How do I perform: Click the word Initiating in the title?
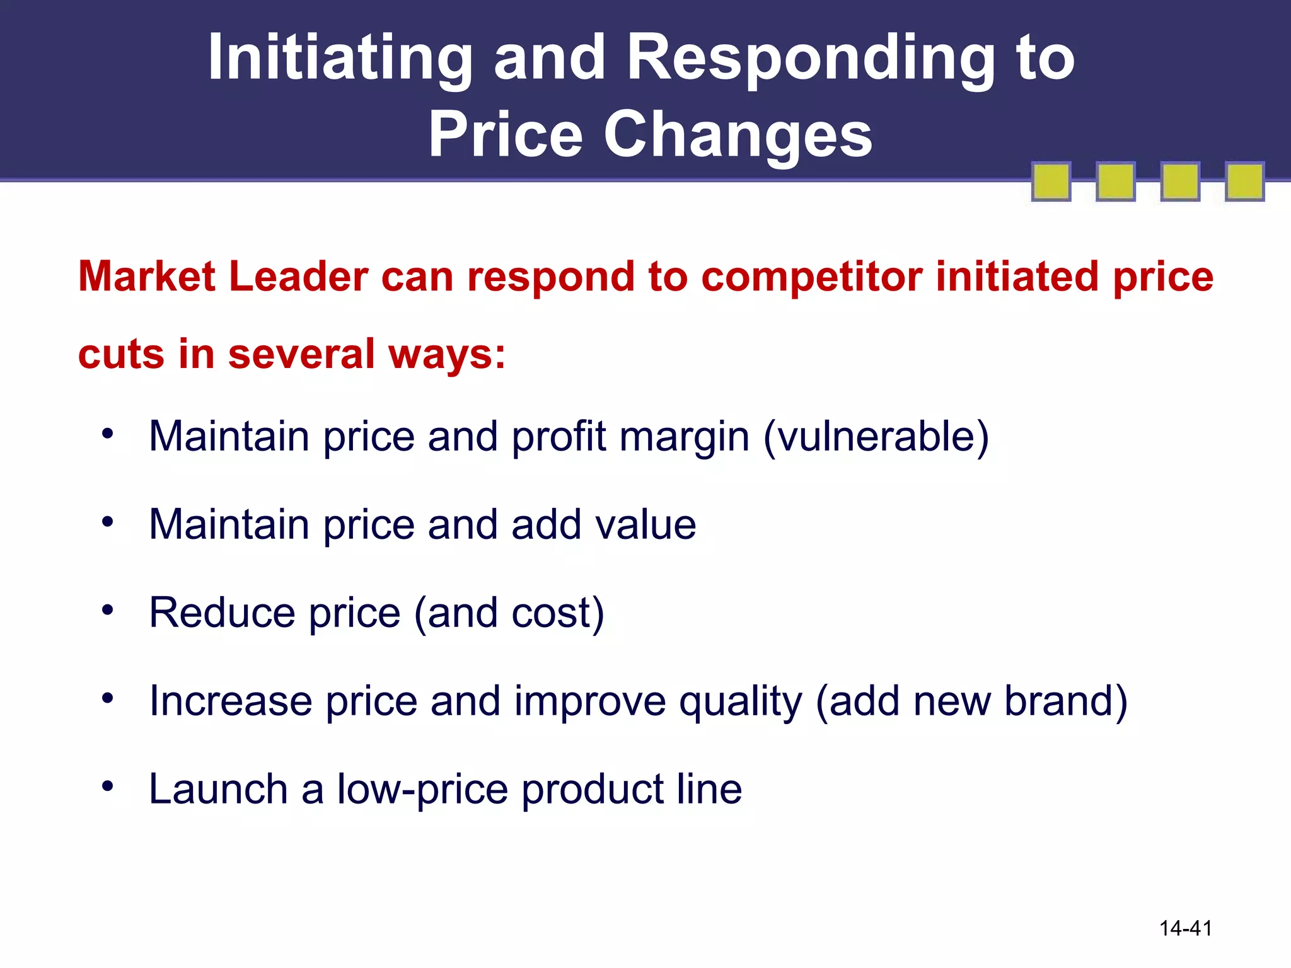[x=340, y=58]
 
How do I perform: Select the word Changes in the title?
[x=738, y=134]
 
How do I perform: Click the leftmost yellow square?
[x=1051, y=181]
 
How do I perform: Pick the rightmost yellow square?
[x=1244, y=181]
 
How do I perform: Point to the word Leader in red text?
[x=298, y=277]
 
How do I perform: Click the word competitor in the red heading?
[x=811, y=278]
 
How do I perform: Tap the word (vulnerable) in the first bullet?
[x=876, y=437]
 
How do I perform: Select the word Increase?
[x=231, y=701]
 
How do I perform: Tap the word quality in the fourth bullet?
[x=741, y=702]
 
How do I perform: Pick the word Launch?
[x=218, y=789]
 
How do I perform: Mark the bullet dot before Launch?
[x=108, y=786]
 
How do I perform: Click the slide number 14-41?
[x=1186, y=928]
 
